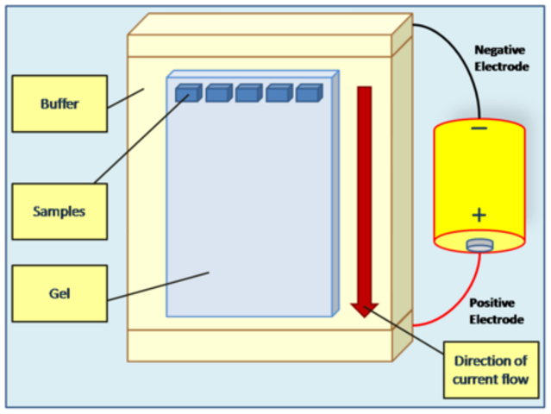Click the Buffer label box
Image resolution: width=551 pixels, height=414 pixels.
point(59,103)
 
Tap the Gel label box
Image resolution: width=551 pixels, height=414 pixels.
point(59,293)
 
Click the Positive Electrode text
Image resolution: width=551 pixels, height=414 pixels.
point(496,311)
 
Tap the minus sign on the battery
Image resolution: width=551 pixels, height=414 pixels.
point(479,129)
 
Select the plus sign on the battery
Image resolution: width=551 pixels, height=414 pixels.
point(479,215)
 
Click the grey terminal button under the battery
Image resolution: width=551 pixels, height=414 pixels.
point(479,246)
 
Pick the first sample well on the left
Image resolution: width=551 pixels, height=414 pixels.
point(187,93)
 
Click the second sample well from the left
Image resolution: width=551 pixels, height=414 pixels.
point(218,93)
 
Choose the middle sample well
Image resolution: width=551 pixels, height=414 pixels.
point(248,93)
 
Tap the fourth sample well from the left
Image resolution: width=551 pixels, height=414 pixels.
point(279,93)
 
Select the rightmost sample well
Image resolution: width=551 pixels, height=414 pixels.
point(308,93)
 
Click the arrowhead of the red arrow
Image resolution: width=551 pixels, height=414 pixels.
point(365,309)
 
